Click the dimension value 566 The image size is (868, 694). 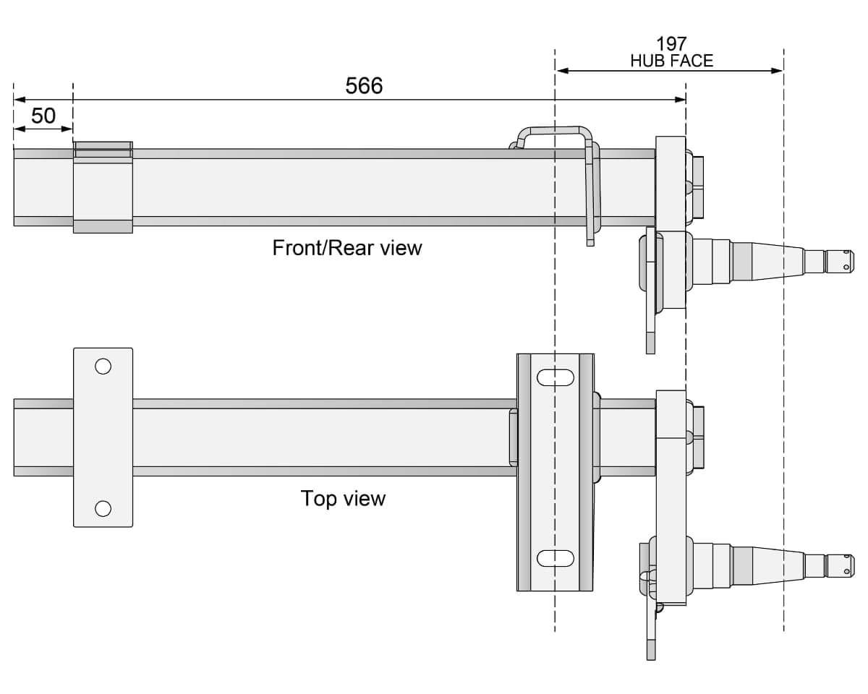(x=364, y=86)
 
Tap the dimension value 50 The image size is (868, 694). (x=43, y=116)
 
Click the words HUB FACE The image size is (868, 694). (x=671, y=61)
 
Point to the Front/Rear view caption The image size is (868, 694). (x=346, y=248)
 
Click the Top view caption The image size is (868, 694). (x=343, y=498)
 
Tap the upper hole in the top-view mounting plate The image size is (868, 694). (x=103, y=366)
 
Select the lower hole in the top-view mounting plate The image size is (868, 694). (x=103, y=508)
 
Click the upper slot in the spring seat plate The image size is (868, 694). (x=556, y=377)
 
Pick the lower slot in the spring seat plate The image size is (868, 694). (x=556, y=558)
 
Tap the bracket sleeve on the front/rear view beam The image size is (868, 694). (x=103, y=187)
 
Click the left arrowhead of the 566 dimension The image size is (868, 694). (x=20, y=100)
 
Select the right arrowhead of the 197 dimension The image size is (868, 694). (x=778, y=71)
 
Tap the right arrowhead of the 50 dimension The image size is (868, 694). (x=68, y=129)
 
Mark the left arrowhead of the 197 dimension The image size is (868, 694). (x=561, y=71)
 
